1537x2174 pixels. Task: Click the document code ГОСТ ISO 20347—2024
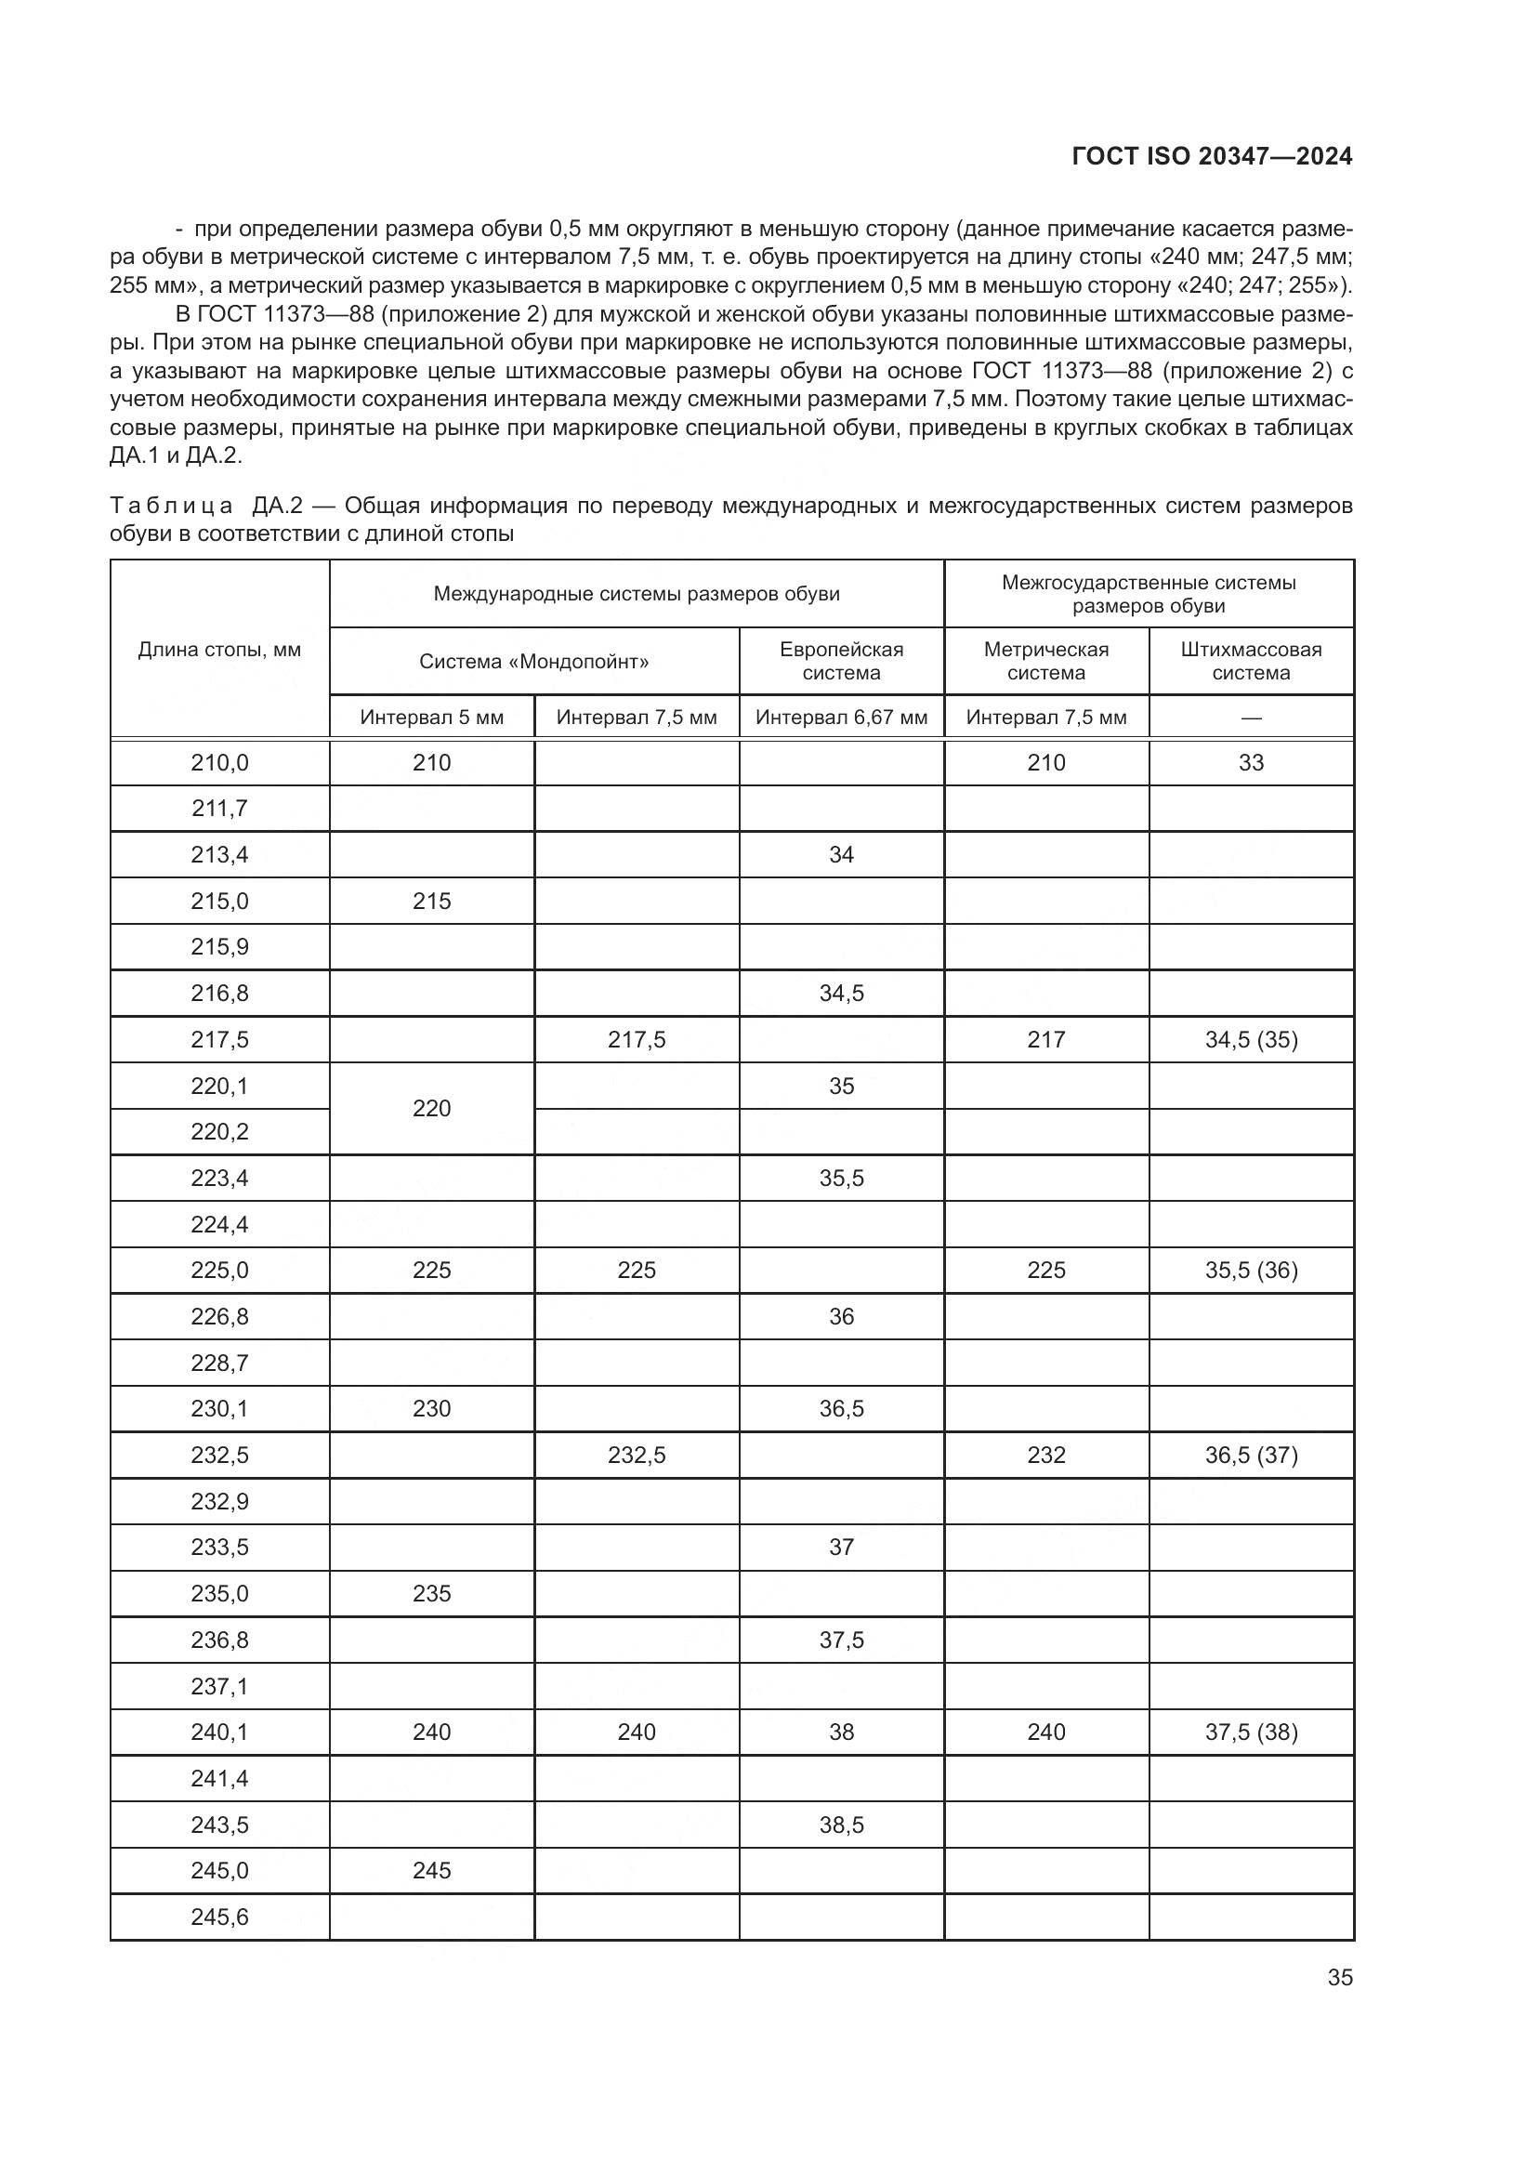(1212, 156)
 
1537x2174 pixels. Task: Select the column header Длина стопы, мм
(219, 650)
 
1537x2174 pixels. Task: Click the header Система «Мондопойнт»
(533, 661)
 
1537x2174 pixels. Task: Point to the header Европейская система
(840, 661)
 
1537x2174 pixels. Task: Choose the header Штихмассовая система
(1250, 661)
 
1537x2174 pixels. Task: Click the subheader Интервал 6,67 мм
(840, 717)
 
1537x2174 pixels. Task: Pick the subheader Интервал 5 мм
(431, 717)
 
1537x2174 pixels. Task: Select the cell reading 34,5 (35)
(1250, 1040)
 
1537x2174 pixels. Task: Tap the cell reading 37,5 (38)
(1250, 1732)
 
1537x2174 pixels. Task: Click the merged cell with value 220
(431, 1108)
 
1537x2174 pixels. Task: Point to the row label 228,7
(219, 1363)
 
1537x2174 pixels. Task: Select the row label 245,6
(219, 1917)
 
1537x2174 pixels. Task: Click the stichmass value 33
(1250, 762)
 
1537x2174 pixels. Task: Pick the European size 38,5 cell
(840, 1825)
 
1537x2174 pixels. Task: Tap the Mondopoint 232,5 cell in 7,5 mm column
(636, 1455)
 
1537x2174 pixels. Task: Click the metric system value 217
(1045, 1040)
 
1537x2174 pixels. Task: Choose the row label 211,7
(219, 809)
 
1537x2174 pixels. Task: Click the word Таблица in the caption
(170, 506)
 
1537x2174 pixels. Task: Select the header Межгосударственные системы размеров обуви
(1148, 594)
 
